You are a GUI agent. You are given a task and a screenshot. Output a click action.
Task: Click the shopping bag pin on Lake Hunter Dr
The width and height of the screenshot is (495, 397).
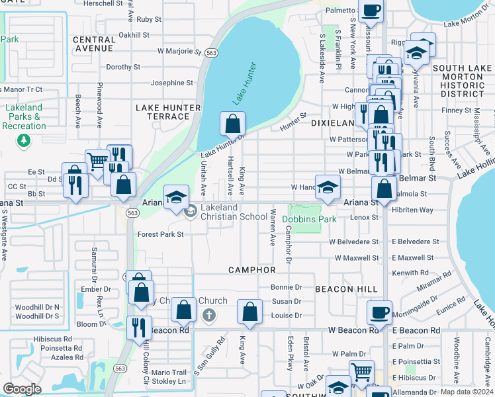tap(232, 123)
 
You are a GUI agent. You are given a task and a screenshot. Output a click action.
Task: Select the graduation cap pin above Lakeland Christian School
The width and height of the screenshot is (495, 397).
tap(175, 197)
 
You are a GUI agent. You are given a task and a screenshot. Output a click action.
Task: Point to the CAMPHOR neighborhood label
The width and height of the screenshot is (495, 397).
tap(252, 270)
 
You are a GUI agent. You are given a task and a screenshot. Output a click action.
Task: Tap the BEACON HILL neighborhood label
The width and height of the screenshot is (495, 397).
tap(345, 289)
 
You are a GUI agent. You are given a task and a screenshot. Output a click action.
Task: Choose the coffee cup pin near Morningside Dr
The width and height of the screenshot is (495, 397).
tap(379, 312)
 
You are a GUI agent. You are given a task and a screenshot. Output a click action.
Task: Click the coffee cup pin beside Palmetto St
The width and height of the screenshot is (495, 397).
tap(371, 11)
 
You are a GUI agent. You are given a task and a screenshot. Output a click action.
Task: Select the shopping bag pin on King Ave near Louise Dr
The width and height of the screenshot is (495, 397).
tap(249, 312)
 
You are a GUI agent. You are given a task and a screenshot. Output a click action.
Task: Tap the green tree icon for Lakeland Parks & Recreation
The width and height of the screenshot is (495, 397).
tap(24, 140)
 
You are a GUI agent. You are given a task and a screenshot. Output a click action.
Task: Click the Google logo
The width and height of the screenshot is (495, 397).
tap(22, 389)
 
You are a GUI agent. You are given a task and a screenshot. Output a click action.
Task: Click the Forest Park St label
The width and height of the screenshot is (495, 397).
tap(160, 234)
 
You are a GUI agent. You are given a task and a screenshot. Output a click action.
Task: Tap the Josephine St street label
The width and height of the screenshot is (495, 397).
tap(171, 83)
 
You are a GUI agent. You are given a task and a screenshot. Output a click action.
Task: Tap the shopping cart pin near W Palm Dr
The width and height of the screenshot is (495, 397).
tap(361, 372)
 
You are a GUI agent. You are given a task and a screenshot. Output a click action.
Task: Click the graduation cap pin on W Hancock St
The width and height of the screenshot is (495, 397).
tap(327, 187)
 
